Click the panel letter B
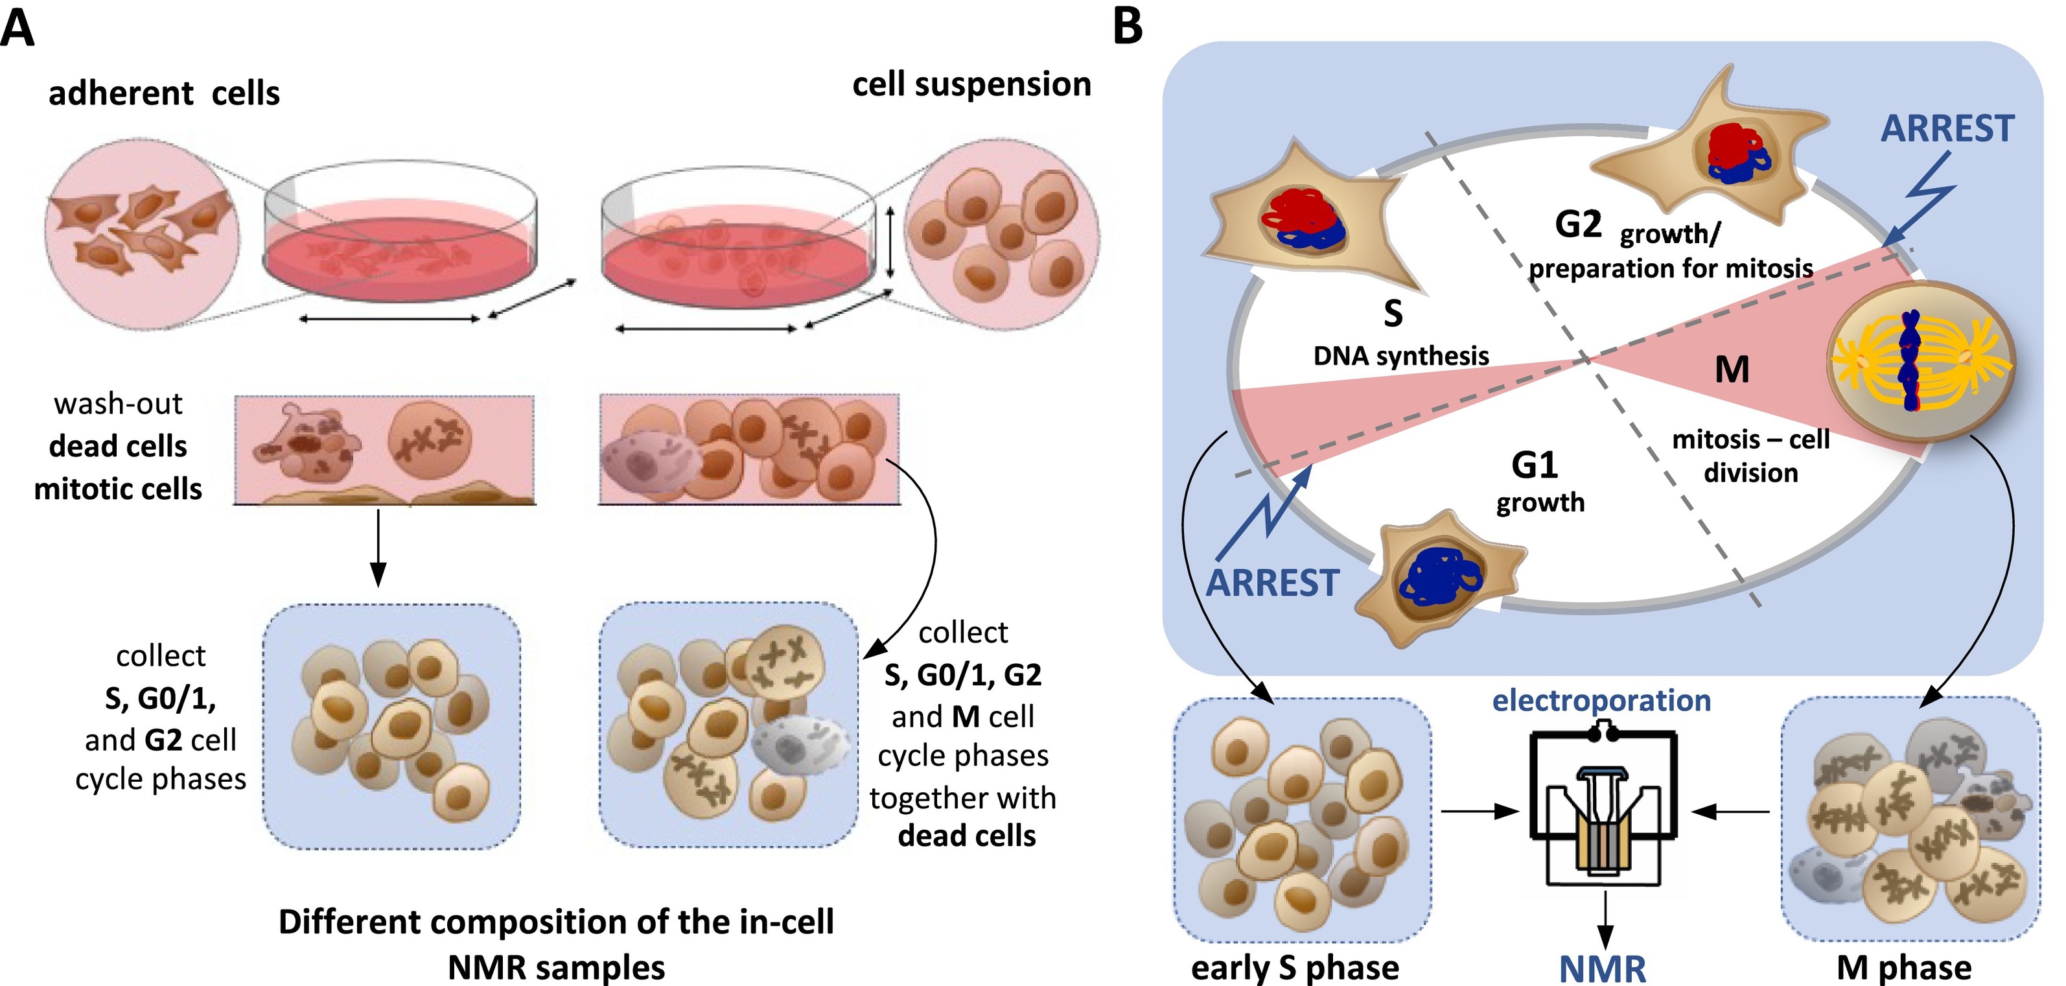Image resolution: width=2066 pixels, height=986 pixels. coord(1128,28)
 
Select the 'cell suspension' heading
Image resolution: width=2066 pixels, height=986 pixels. coord(971,84)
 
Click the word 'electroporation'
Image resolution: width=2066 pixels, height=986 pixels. coord(1601,700)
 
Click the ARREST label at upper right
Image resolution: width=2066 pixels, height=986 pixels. coord(1947,128)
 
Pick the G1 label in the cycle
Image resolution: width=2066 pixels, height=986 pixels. coord(1534,465)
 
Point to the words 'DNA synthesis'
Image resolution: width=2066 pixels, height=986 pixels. coord(1400,355)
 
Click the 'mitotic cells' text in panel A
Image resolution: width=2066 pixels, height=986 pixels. coord(118,489)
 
